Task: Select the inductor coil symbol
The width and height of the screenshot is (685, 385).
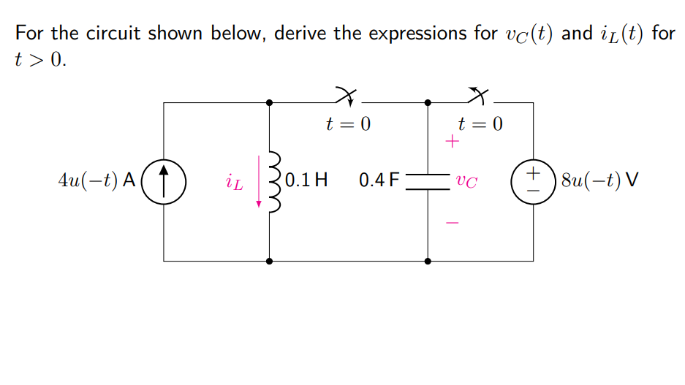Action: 274,181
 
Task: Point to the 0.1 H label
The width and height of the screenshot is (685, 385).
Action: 306,180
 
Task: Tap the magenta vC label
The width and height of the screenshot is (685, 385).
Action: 466,180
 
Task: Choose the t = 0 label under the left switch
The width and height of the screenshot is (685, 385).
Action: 348,124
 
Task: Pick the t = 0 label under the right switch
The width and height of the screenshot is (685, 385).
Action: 480,124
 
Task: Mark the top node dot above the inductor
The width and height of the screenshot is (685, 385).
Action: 270,103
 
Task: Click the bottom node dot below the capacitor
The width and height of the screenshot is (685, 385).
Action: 428,260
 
